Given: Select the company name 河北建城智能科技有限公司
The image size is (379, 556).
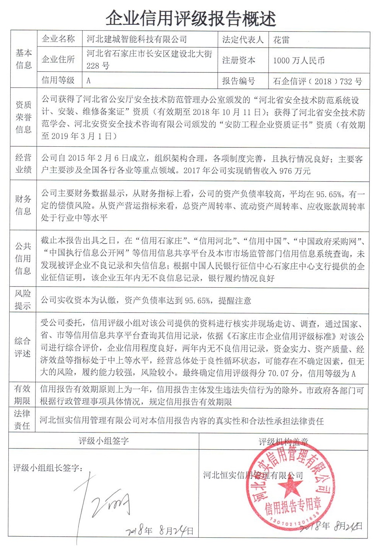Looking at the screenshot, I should (136, 39).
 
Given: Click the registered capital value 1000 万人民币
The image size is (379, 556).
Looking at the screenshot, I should (299, 60).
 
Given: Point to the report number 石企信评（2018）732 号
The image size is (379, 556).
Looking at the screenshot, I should (317, 81).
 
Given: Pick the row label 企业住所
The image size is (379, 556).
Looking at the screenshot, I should (58, 59).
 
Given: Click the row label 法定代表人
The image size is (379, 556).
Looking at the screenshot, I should (243, 40).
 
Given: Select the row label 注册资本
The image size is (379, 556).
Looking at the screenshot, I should (238, 60).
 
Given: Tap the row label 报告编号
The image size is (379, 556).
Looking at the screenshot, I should (238, 81).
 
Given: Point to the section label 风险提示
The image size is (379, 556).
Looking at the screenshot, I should (23, 300).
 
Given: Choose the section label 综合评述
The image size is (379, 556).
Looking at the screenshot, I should (22, 347).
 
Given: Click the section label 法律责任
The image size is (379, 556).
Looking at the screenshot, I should (22, 420).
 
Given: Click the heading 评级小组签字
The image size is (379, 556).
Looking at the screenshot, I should (104, 441).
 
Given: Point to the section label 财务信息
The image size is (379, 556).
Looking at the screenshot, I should (23, 205).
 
